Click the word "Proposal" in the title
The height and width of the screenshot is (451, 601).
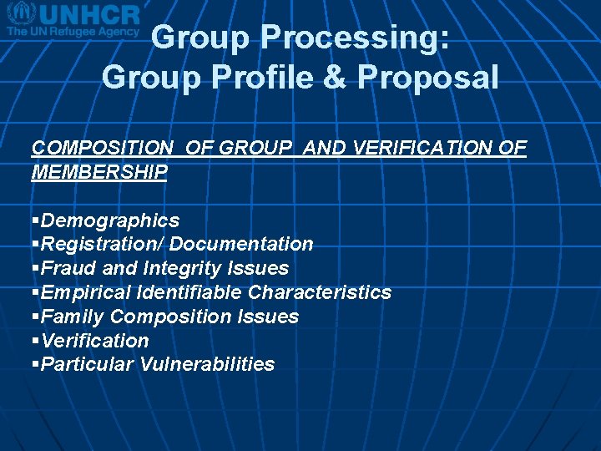[428, 78]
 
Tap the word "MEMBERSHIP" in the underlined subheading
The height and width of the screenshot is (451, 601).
[99, 172]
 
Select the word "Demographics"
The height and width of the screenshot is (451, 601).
[109, 220]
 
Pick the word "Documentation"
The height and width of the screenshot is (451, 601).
[240, 244]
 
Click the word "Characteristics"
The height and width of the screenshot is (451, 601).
[320, 292]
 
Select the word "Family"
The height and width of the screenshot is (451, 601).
[72, 317]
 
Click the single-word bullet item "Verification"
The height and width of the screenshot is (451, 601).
[94, 341]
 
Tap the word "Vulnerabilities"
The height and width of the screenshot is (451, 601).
[207, 364]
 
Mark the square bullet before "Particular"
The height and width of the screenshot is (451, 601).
[35, 364]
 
